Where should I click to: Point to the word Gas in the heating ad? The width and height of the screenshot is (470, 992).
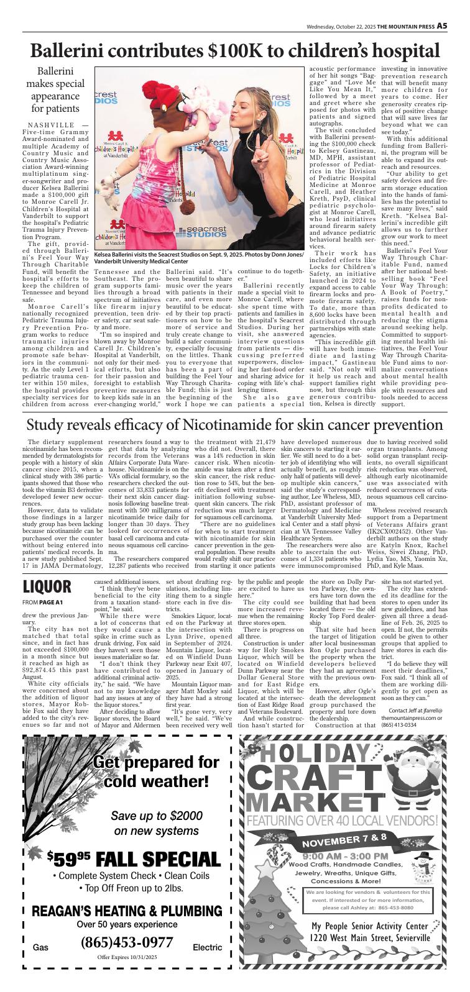click(x=40, y=947)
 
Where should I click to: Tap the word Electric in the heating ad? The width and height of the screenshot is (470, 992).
click(x=207, y=947)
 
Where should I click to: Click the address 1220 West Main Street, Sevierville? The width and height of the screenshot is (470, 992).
click(x=366, y=956)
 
